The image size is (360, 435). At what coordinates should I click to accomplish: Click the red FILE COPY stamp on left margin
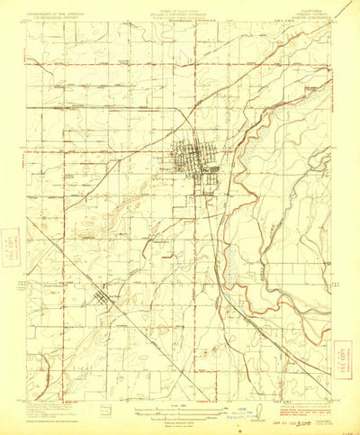(x=12, y=246)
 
